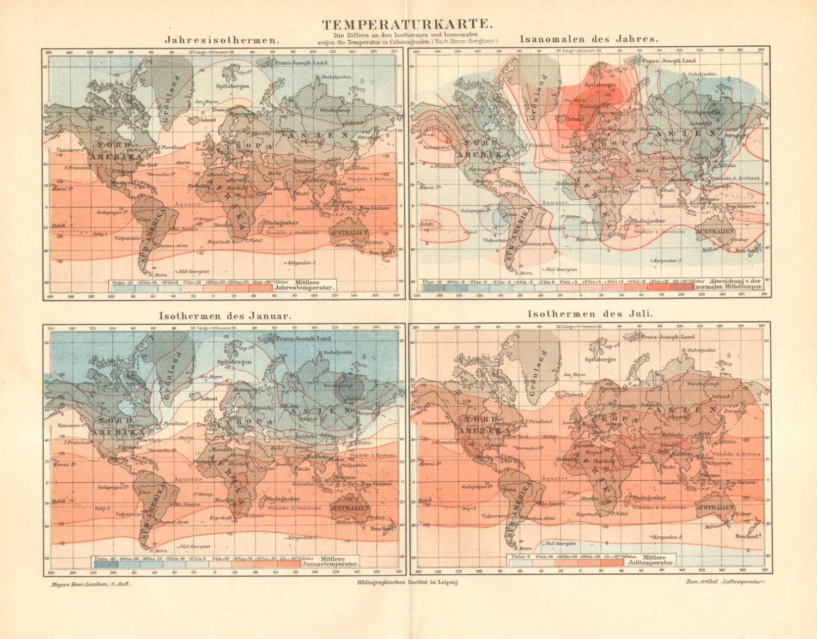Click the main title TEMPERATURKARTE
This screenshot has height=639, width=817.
[x=408, y=24]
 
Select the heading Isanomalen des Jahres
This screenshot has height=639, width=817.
[x=589, y=39]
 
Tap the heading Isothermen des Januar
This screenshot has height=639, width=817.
[x=225, y=315]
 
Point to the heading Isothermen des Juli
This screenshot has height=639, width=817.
[x=590, y=314]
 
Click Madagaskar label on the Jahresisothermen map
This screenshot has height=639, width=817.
[x=281, y=223]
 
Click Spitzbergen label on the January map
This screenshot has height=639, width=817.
[x=234, y=362]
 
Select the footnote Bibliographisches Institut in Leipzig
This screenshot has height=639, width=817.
[x=408, y=582]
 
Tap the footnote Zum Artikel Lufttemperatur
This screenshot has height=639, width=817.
[x=725, y=582]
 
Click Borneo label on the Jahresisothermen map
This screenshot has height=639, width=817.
[x=343, y=202]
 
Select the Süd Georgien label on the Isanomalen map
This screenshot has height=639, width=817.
[x=561, y=269]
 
